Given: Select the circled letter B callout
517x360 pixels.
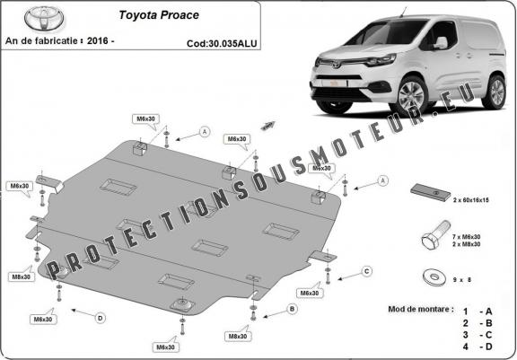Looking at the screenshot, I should click(292, 309).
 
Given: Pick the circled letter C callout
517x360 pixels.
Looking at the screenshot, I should click(366, 270).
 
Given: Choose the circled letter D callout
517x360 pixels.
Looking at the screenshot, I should click(100, 317).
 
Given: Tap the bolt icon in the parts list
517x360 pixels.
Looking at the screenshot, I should click(430, 238).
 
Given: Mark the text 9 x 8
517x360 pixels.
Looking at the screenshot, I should click(463, 279).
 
